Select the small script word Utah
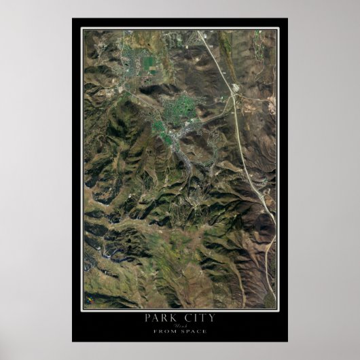(180, 326)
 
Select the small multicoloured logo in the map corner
(88, 298)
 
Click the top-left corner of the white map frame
(82, 28)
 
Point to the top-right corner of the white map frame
(278, 28)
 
